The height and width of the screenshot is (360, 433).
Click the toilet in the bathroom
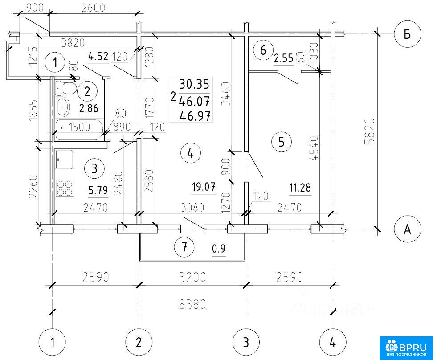(66, 88)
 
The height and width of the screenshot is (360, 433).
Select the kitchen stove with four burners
(65, 188)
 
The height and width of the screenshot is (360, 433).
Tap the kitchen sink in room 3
(64, 160)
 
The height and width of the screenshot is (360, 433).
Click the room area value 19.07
(204, 187)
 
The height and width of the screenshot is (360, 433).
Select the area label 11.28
(300, 188)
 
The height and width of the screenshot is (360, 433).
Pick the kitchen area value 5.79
(98, 190)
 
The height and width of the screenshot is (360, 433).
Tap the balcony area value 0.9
(219, 249)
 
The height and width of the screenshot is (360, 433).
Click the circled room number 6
(263, 50)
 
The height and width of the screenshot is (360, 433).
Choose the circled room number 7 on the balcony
(184, 247)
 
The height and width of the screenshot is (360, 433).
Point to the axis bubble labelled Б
(407, 34)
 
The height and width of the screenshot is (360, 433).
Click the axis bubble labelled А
(407, 229)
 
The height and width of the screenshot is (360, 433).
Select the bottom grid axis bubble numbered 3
(246, 342)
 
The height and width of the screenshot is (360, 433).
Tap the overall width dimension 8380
(192, 304)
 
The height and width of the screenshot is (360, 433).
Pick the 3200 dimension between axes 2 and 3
(192, 277)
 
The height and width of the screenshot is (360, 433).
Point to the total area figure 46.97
(195, 116)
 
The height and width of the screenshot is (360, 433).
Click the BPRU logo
(406, 348)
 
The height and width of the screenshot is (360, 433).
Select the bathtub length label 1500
(80, 127)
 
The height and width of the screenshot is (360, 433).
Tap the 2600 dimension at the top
(94, 8)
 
